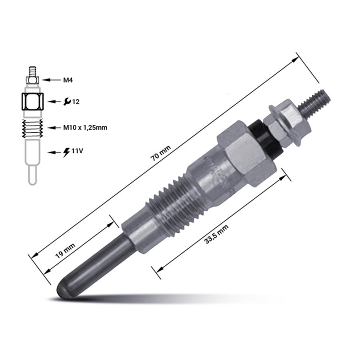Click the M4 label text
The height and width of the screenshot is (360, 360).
click(68, 80)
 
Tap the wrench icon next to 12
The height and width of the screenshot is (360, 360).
click(67, 101)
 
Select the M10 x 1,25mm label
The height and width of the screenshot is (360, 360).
click(85, 128)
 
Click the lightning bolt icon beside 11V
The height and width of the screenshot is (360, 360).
click(66, 152)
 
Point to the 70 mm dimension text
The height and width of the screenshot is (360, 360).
click(160, 153)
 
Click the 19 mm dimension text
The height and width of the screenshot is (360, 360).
click(66, 251)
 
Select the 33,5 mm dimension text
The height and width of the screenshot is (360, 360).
click(216, 234)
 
